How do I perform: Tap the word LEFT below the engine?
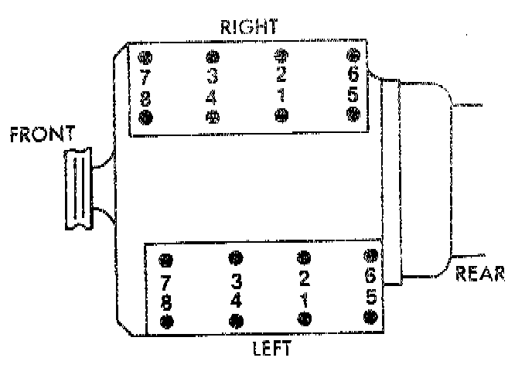click(x=271, y=348)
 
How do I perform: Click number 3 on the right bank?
click(x=213, y=76)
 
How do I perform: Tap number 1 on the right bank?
click(x=281, y=96)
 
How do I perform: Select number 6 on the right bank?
click(x=353, y=76)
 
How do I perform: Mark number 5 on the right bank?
click(x=353, y=96)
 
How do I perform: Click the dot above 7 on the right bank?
click(x=145, y=57)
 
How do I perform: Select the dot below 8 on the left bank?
click(x=165, y=319)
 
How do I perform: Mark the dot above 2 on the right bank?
click(x=281, y=56)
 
